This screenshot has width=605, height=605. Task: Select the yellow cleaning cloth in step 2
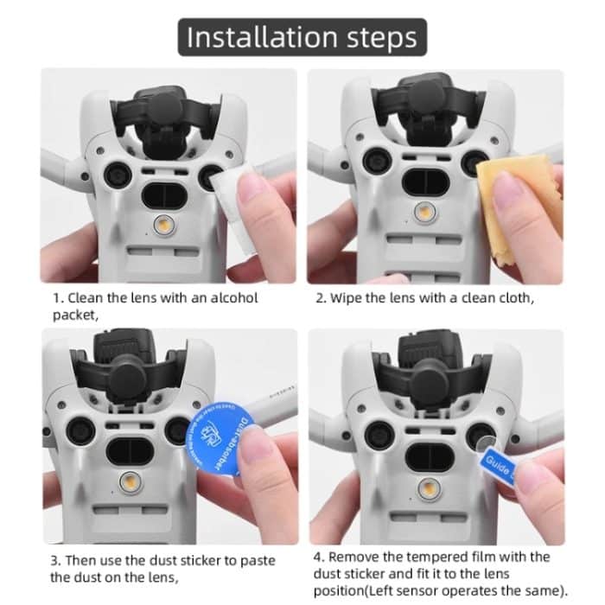pyautogui.click(x=510, y=199)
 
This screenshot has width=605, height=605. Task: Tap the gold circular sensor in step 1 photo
pyautogui.click(x=162, y=225)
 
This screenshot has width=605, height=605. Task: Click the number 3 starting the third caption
pyautogui.click(x=54, y=559)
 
